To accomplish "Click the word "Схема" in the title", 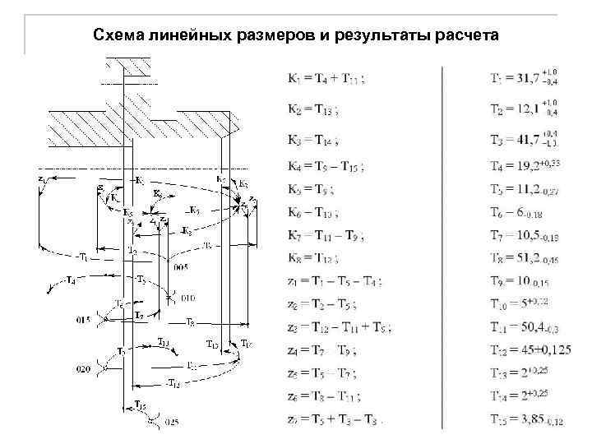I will tap(117, 35).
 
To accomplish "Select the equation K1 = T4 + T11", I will tap(326, 79).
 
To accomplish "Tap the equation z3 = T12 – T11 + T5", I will tap(338, 327).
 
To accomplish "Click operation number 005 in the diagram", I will tap(181, 267).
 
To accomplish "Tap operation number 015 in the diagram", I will tap(84, 317).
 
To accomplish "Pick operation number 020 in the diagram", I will tap(84, 370).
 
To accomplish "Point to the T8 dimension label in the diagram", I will tap(189, 321).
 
